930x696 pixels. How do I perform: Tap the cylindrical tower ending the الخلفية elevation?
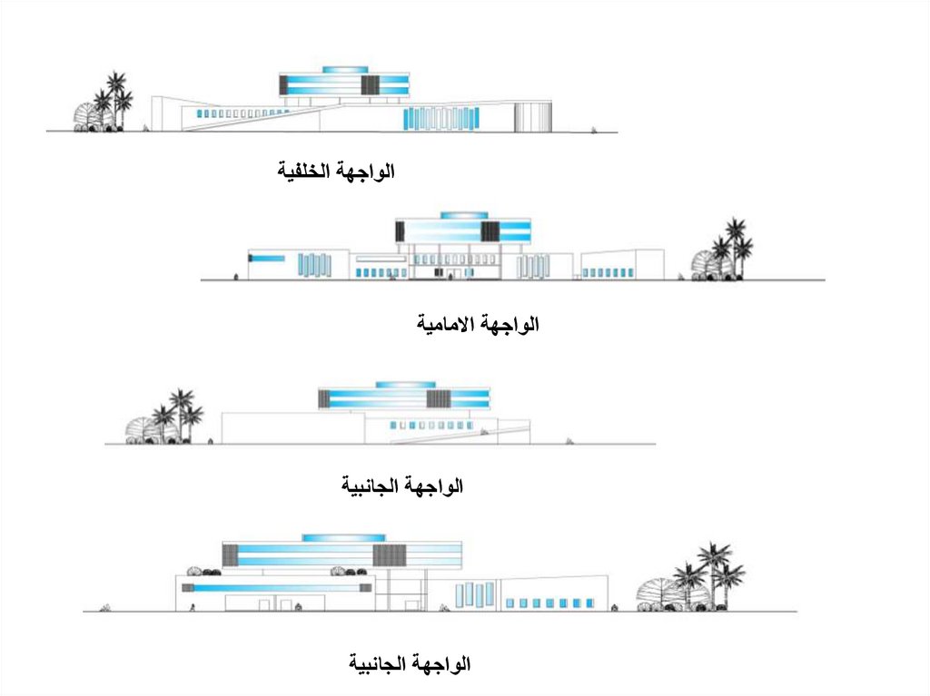(x=533, y=117)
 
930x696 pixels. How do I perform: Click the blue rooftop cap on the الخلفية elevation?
(x=345, y=70)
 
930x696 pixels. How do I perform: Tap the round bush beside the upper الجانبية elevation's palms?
(x=143, y=429)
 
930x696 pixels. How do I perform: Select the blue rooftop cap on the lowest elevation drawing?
(x=337, y=538)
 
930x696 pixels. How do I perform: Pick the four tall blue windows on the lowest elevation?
(x=474, y=594)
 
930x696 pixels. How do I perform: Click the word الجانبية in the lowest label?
(x=380, y=665)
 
